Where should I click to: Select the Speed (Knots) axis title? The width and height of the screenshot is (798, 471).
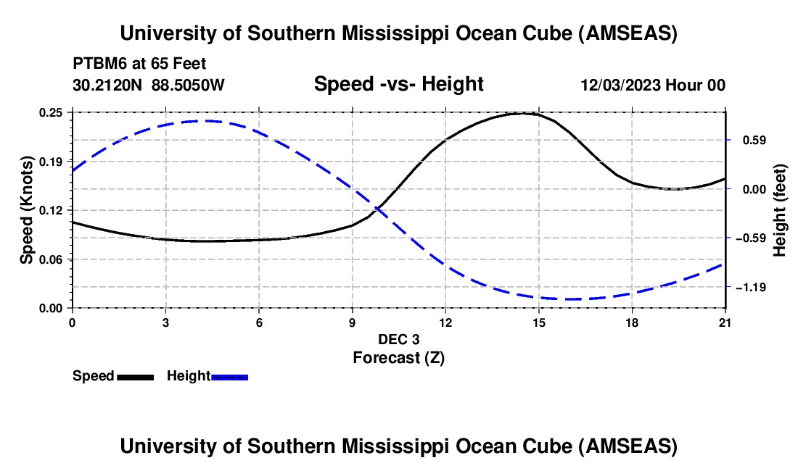click(x=26, y=209)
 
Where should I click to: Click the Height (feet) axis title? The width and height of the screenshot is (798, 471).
click(x=780, y=210)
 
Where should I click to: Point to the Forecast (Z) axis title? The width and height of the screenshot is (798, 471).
click(x=398, y=357)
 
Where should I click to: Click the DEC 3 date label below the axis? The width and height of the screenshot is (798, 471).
click(x=398, y=339)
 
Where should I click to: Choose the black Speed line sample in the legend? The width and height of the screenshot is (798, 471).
click(x=135, y=376)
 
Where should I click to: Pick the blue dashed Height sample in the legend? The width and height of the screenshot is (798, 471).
click(x=229, y=376)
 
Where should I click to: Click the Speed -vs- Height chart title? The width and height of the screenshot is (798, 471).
click(x=398, y=84)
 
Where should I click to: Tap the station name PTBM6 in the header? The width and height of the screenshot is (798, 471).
click(x=97, y=64)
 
